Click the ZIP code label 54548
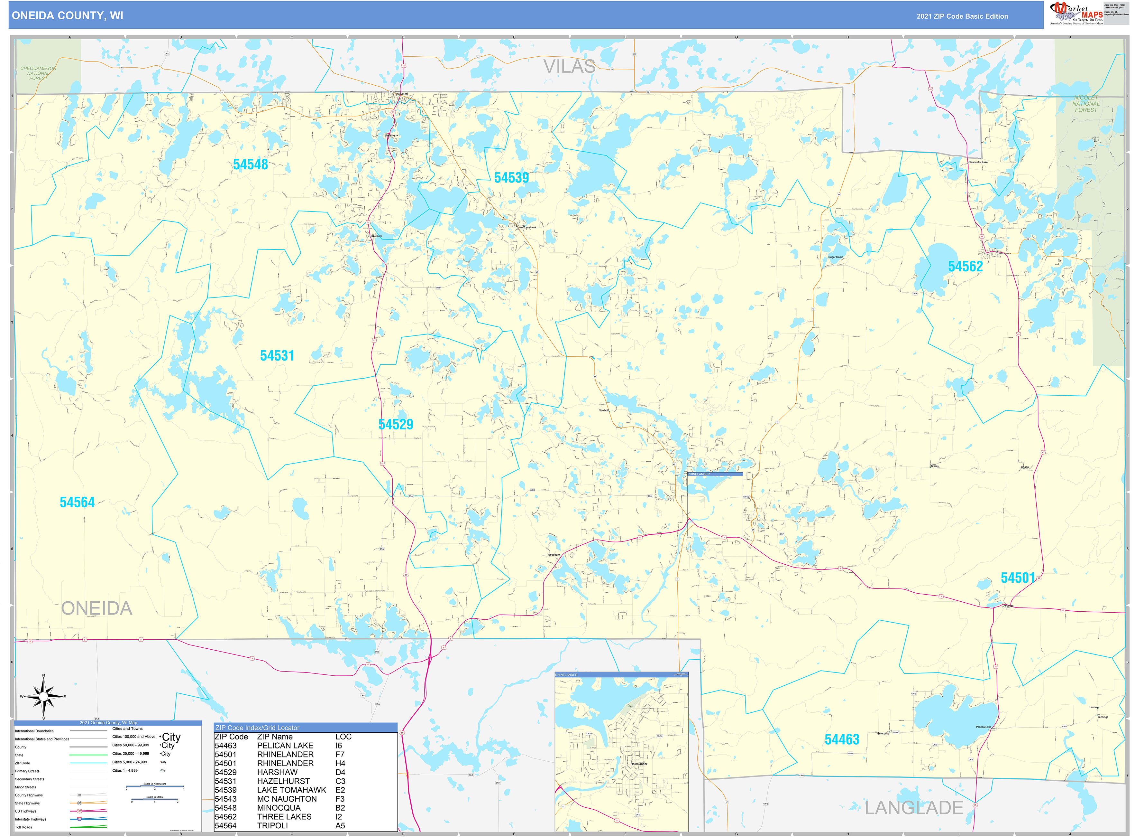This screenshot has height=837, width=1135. click(250, 165)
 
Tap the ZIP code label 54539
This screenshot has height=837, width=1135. click(511, 178)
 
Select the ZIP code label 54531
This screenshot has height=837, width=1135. click(277, 356)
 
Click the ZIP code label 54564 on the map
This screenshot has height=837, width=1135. click(77, 503)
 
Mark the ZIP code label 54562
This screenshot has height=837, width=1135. click(965, 267)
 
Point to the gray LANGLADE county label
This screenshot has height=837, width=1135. click(913, 808)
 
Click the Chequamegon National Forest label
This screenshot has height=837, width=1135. click(38, 73)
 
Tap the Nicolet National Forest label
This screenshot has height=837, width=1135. click(1085, 104)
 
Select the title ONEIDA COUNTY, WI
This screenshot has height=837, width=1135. click(67, 16)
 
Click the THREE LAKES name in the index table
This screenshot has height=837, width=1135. click(284, 817)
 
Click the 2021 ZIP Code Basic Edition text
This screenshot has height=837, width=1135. click(962, 16)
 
